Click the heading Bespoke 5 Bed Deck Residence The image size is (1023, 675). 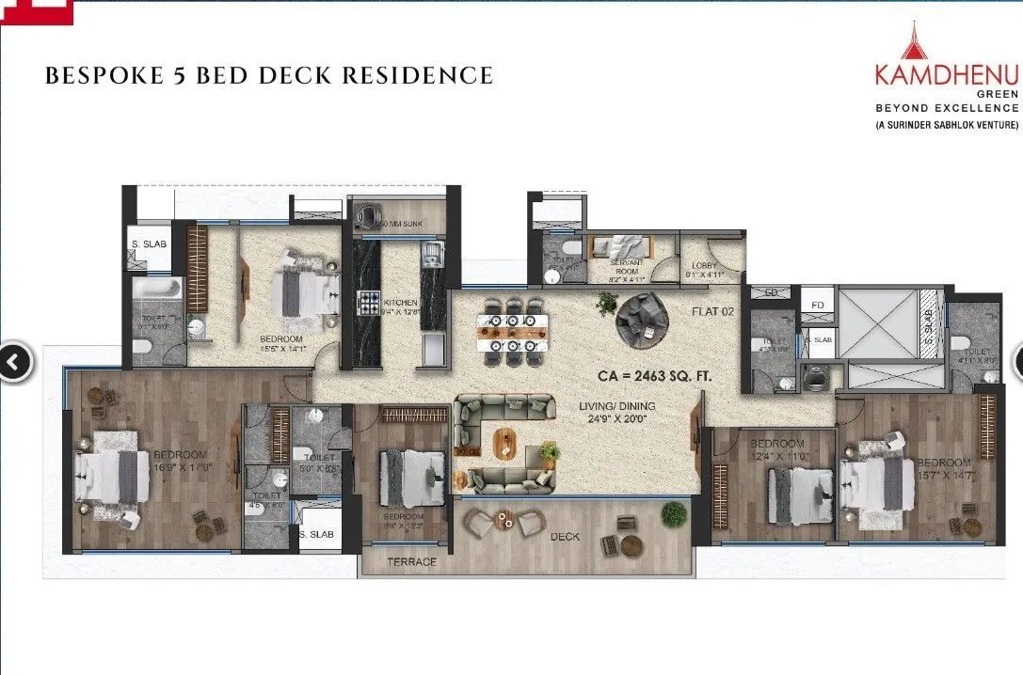[x=269, y=76]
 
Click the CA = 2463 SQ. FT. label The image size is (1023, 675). [x=654, y=375]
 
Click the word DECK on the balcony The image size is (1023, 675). [x=567, y=537]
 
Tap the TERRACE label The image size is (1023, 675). [x=412, y=561]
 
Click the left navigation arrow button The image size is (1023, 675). [x=14, y=362]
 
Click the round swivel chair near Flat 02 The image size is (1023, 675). [x=642, y=320]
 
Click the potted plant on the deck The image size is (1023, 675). [x=673, y=513]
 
